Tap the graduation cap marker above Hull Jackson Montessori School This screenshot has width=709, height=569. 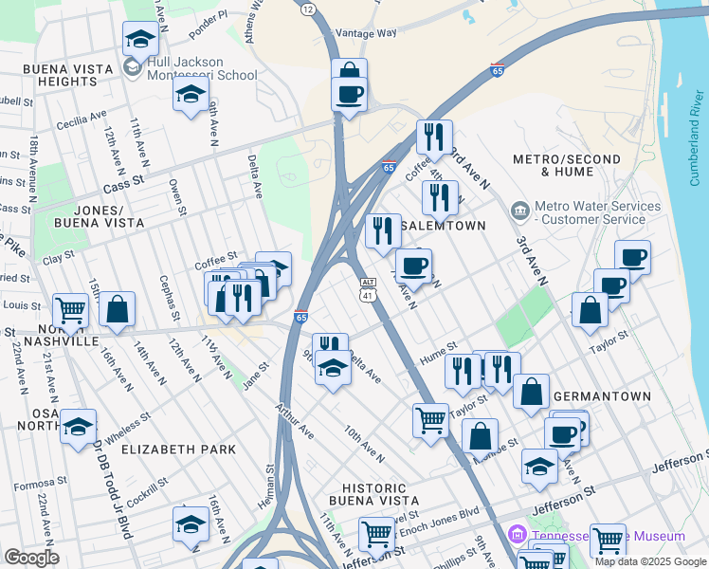pyautogui.click(x=140, y=40)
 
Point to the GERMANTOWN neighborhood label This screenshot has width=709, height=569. pyautogui.click(x=602, y=396)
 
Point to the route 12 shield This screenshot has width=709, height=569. pyautogui.click(x=308, y=9)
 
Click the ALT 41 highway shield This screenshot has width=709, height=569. pyautogui.click(x=368, y=290)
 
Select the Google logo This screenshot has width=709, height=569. pyautogui.click(x=31, y=558)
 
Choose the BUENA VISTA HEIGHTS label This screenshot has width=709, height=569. pyautogui.click(x=61, y=76)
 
